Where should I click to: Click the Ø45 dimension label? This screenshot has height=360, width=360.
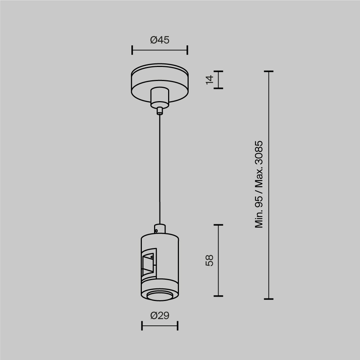(x=159, y=40)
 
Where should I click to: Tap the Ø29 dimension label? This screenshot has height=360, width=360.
(x=159, y=316)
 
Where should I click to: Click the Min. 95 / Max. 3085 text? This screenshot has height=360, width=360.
(x=259, y=184)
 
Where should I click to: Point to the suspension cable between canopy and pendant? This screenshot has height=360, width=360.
(x=159, y=169)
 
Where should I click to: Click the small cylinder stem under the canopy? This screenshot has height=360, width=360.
(x=159, y=96)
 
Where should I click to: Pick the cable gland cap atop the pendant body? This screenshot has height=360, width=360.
(x=159, y=229)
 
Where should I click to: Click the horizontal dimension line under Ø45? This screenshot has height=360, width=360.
(x=159, y=50)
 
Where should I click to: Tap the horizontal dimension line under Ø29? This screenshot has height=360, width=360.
(x=159, y=326)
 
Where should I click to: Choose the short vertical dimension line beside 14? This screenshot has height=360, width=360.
(x=219, y=80)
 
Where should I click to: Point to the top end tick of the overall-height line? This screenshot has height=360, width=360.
(x=269, y=72)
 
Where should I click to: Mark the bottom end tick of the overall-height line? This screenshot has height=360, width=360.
(x=269, y=299)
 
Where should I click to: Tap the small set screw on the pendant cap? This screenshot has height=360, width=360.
(x=156, y=228)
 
